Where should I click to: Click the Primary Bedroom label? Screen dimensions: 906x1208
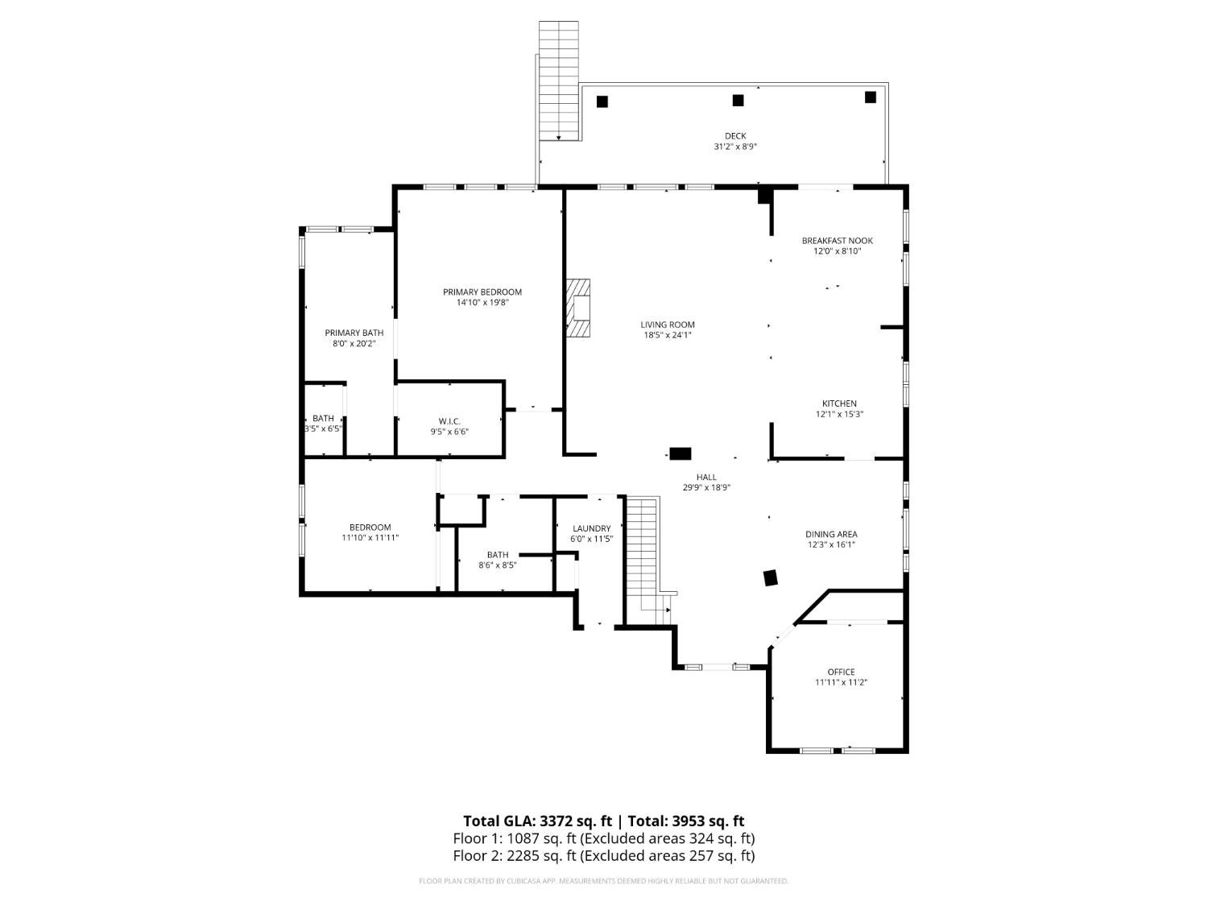click(482, 292)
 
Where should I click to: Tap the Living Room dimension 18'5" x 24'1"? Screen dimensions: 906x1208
click(668, 335)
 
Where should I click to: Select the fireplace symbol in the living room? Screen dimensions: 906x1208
click(578, 308)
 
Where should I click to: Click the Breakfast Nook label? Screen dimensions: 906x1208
click(837, 241)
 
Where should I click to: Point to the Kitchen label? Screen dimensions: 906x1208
click(838, 403)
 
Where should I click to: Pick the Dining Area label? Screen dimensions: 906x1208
click(831, 534)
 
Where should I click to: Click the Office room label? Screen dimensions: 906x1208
click(841, 672)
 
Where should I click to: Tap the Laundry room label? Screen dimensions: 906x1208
click(591, 528)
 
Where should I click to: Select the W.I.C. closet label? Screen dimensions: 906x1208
click(449, 421)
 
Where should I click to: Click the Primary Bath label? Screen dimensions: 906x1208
click(354, 333)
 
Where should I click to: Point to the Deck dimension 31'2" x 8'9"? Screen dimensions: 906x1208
click(734, 147)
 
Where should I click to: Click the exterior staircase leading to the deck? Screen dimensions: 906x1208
click(558, 81)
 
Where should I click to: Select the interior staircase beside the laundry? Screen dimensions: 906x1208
click(643, 556)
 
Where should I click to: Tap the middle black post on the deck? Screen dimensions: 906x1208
click(737, 101)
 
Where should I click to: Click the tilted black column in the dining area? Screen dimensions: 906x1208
click(771, 577)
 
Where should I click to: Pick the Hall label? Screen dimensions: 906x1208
click(705, 477)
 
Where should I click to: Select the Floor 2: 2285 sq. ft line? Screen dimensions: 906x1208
click(603, 855)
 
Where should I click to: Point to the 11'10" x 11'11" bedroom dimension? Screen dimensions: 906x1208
click(370, 538)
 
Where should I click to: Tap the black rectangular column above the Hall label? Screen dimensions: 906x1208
click(681, 453)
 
